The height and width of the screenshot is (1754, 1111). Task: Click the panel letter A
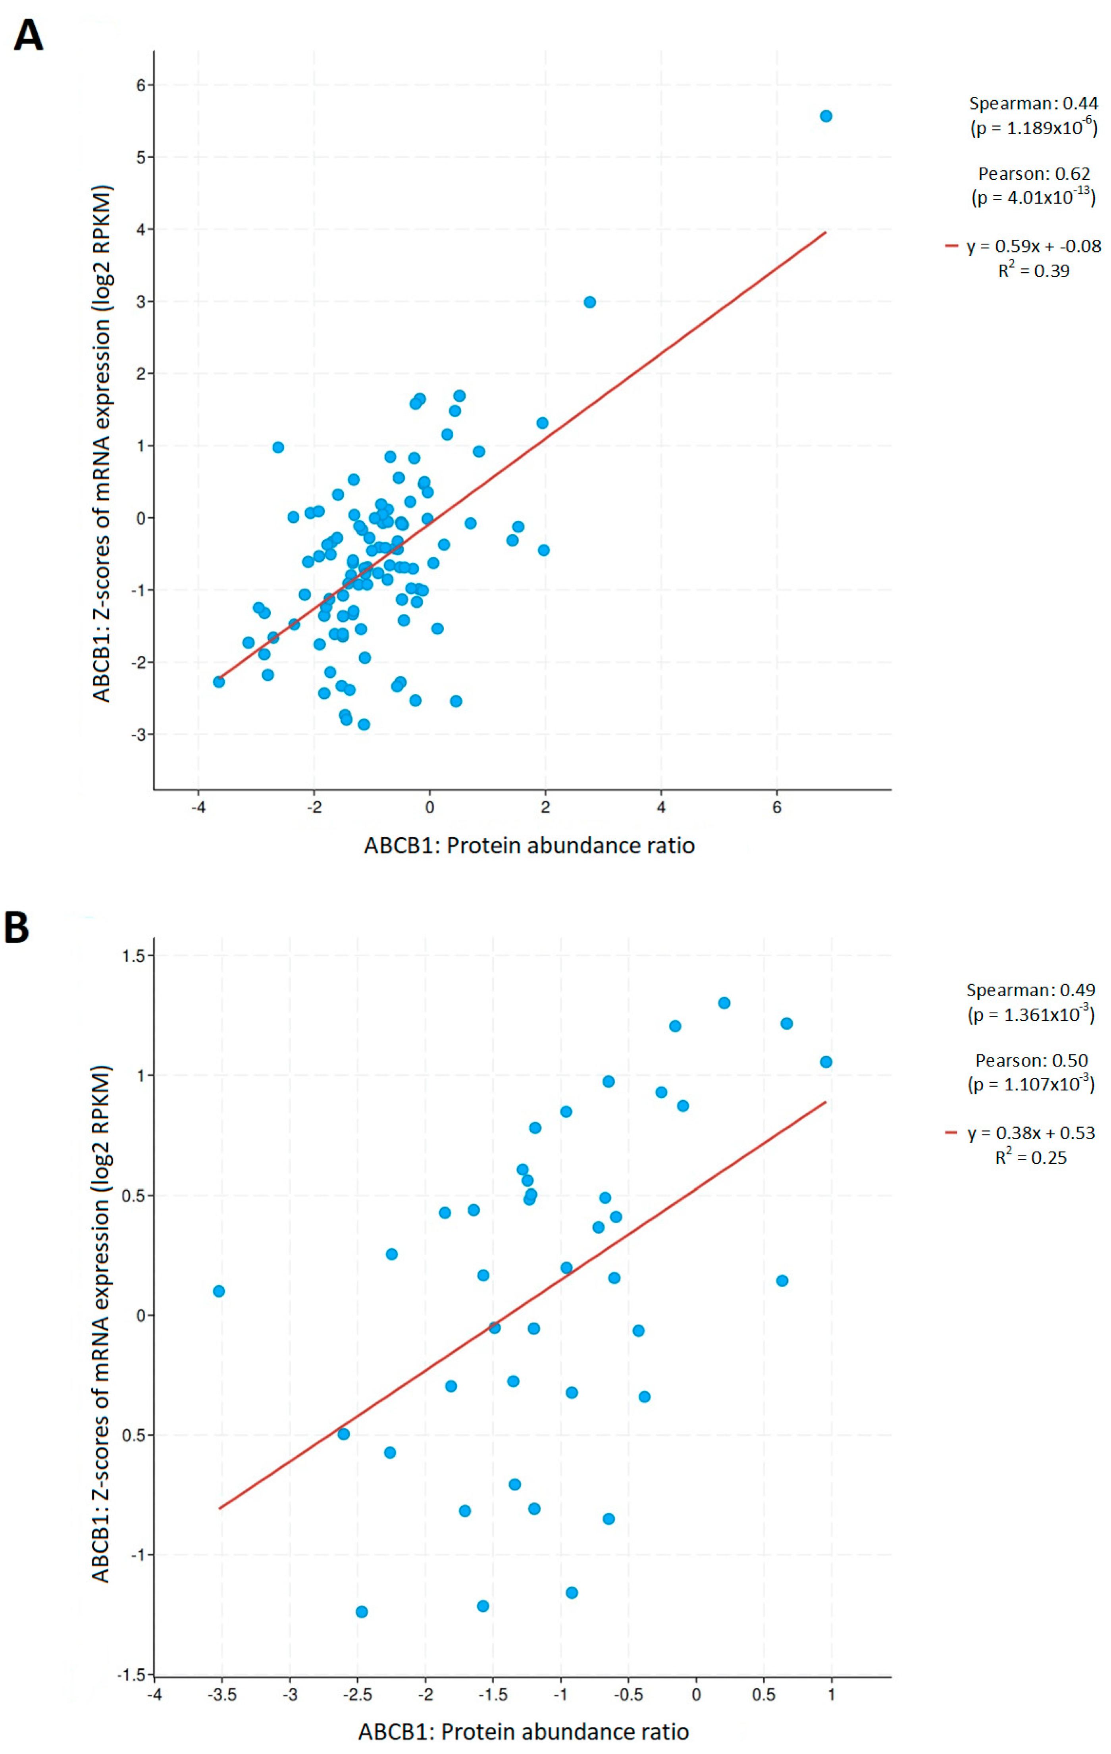pyautogui.click(x=29, y=35)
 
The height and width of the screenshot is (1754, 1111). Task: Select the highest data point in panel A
pyautogui.click(x=826, y=117)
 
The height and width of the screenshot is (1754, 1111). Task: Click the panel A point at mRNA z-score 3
pyautogui.click(x=589, y=302)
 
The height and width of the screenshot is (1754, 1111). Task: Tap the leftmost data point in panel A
pyautogui.click(x=219, y=682)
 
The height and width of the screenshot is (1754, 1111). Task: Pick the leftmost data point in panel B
pyautogui.click(x=219, y=1292)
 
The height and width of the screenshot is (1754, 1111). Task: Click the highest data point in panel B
pyautogui.click(x=724, y=1003)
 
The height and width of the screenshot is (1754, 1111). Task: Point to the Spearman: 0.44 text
pyautogui.click(x=1033, y=104)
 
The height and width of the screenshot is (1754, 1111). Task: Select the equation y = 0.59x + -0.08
pyautogui.click(x=1033, y=246)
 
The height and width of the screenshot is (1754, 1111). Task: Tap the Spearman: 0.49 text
pyautogui.click(x=1030, y=990)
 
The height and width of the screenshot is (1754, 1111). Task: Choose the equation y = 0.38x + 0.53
pyautogui.click(x=1030, y=1133)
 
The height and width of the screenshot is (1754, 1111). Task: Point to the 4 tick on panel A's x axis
pyautogui.click(x=661, y=807)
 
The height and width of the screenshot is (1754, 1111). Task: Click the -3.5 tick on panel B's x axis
pyautogui.click(x=221, y=1694)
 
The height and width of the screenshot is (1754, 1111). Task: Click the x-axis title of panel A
pyautogui.click(x=529, y=846)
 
